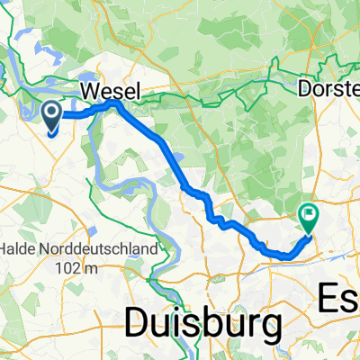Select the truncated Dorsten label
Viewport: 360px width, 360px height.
[329, 91]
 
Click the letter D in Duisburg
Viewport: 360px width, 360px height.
[138, 321]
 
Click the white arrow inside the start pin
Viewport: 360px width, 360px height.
[52, 113]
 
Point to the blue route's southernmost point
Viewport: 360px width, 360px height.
[286, 256]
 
